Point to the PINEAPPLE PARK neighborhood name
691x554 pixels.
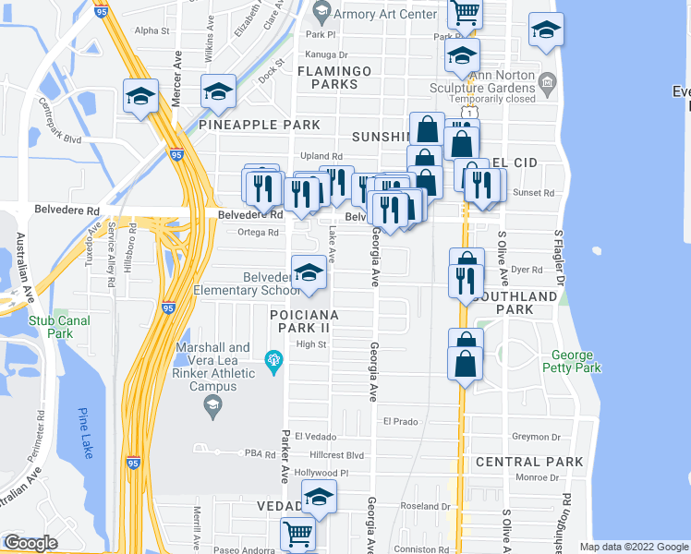(259, 125)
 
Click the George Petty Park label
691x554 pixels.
(576, 361)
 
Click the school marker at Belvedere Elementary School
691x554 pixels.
(309, 272)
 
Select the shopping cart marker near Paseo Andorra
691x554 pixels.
(298, 534)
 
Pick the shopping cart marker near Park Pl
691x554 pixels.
(465, 13)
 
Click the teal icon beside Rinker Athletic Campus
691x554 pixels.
(273, 358)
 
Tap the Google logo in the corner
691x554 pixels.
(30, 543)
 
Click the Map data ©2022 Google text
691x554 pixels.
(633, 547)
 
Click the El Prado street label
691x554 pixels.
(401, 421)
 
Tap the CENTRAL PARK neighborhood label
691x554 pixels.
(529, 462)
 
